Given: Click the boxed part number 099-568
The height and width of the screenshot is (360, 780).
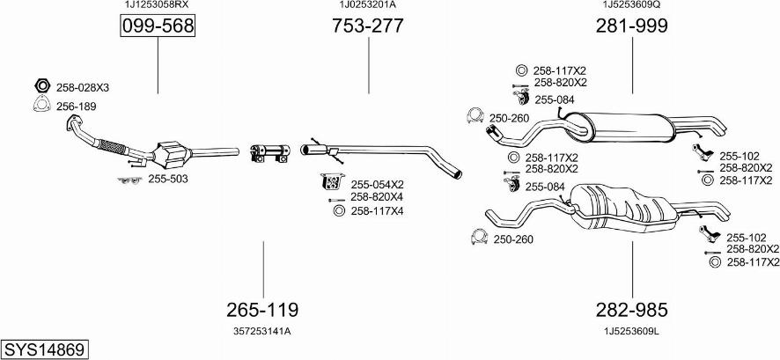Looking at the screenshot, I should point(158,26).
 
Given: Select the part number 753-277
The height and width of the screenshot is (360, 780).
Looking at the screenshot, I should point(367,26).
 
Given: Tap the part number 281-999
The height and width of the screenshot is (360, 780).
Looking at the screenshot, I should point(631,26).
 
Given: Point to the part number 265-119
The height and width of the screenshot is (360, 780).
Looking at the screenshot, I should point(262,310).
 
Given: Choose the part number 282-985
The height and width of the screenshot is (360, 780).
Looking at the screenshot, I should point(631,310).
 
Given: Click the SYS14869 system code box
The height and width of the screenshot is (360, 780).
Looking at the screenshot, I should point(44,349).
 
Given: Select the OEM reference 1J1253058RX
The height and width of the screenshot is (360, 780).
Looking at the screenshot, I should point(157,5).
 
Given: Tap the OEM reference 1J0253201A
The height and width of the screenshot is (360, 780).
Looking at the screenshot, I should point(367,5).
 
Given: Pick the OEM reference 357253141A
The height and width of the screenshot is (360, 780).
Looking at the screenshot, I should point(262,331).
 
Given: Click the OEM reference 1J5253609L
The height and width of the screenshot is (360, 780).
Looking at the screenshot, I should point(631,331).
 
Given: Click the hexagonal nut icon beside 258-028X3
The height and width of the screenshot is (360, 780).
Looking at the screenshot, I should point(40,87).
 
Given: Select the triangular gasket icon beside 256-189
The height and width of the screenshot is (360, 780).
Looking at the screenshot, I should point(40,107).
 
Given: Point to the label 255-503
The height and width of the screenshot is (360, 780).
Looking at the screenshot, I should point(167,179).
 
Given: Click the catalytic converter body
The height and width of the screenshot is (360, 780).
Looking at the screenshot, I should point(173,155).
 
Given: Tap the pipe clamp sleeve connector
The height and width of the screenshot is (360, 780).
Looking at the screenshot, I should point(268,152).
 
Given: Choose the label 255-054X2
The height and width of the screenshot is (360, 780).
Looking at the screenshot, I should point(377,185).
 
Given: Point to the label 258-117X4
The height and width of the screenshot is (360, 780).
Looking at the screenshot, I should point(377,210).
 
